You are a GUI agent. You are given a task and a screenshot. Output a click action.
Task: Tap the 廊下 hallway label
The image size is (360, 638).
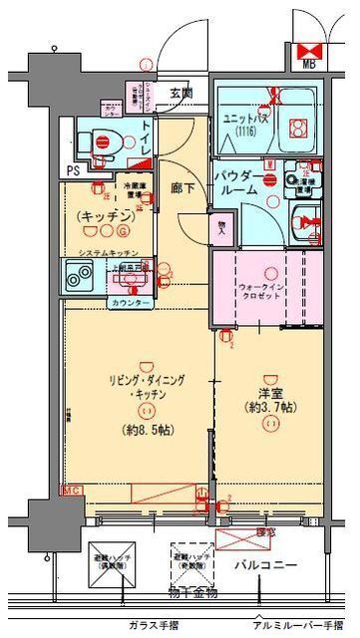pyautogui.click(x=181, y=186)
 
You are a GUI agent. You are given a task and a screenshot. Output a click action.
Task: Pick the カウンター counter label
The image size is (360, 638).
pyautogui.click(x=130, y=302)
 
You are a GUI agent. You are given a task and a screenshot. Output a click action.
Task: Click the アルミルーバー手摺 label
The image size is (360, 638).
pyautogui.click(x=297, y=624)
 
